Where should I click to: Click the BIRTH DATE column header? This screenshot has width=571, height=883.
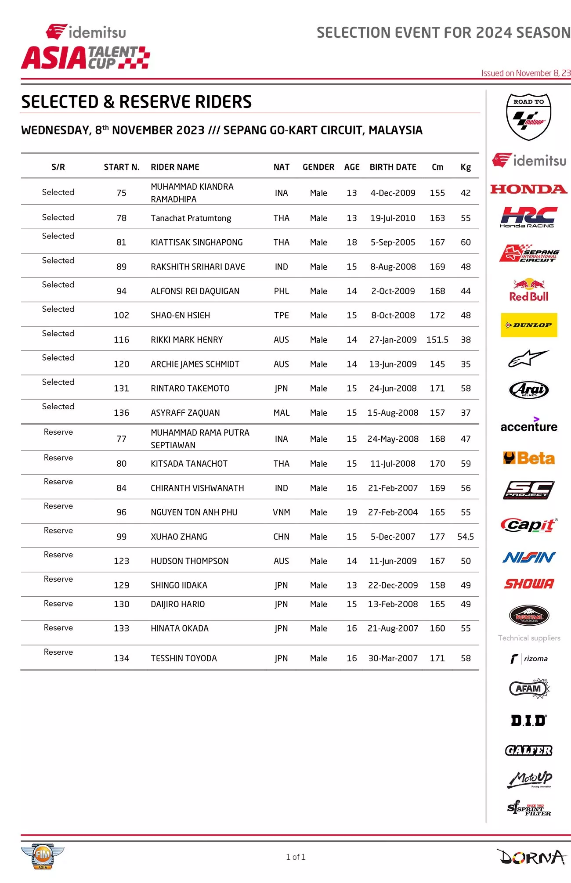393,167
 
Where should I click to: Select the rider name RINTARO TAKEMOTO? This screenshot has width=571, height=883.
190,388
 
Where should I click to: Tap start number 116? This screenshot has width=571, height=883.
121,339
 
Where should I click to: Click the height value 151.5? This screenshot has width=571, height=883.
437,339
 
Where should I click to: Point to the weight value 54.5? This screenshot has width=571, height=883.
465,537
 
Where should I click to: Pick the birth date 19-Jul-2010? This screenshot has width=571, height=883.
393,218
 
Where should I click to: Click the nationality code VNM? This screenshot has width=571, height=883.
281,512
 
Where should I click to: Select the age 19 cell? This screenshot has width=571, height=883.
351,512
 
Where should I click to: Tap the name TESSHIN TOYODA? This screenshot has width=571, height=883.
184,658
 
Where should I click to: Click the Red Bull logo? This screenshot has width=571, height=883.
529,291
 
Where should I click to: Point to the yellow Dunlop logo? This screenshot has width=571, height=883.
529,325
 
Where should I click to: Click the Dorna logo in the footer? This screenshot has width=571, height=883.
532,857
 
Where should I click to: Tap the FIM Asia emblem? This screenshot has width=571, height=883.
42,855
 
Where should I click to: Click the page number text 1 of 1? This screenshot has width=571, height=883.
296,857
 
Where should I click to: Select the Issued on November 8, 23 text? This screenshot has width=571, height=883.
525,73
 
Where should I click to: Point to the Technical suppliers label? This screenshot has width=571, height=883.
529,638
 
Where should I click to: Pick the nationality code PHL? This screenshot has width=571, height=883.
281,291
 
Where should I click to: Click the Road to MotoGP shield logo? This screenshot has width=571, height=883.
529,116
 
